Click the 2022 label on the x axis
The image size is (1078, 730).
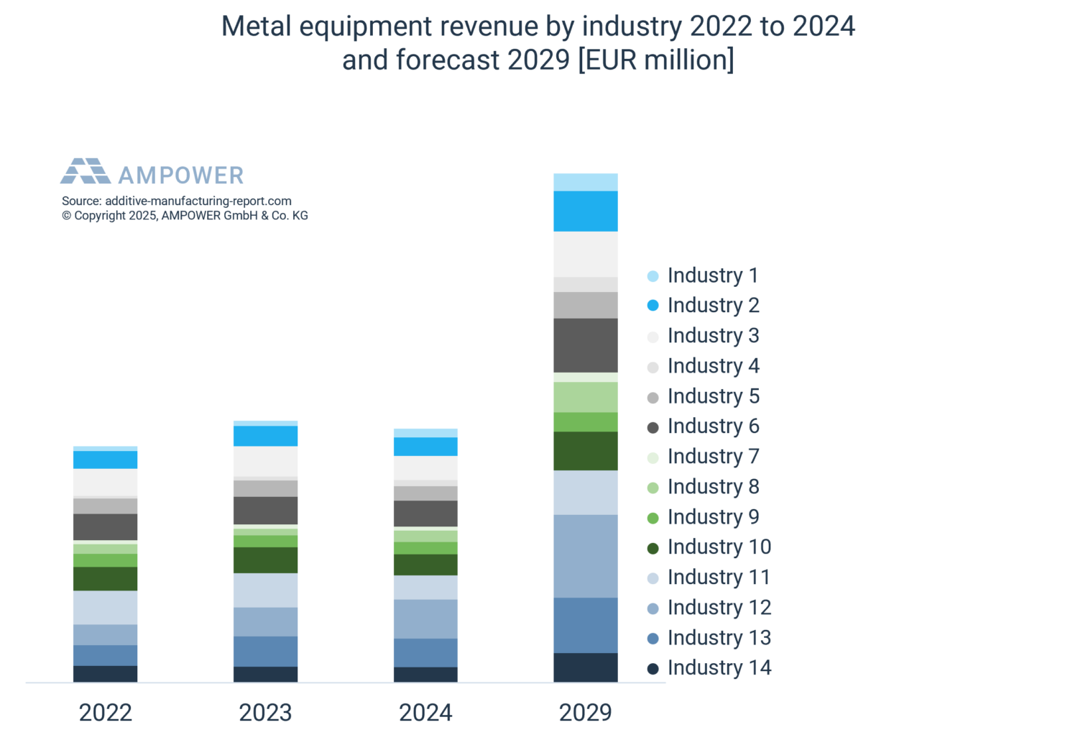(x=105, y=712)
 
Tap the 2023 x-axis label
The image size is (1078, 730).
(x=265, y=712)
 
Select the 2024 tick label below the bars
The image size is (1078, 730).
(x=425, y=712)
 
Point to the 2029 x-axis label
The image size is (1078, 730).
(x=585, y=712)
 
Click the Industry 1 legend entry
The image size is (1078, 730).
(x=711, y=275)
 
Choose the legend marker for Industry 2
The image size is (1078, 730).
(x=653, y=306)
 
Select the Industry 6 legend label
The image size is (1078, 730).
(x=713, y=426)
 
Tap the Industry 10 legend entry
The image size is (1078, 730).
(x=719, y=547)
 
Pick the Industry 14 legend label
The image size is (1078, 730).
(x=719, y=668)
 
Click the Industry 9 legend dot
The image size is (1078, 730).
(x=653, y=518)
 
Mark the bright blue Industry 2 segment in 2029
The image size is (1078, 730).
(x=585, y=211)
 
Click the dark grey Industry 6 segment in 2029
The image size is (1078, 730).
(x=585, y=345)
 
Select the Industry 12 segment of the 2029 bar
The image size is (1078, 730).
(x=585, y=556)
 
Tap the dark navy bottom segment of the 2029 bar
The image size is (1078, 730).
(x=585, y=667)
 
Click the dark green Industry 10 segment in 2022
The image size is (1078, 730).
(x=105, y=578)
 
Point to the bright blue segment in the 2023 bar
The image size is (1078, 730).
(x=265, y=436)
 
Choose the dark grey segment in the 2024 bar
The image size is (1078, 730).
(x=425, y=514)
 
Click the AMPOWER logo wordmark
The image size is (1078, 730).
(x=180, y=175)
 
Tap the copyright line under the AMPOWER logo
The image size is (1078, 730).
(x=185, y=216)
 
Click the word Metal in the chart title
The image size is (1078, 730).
(x=257, y=27)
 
